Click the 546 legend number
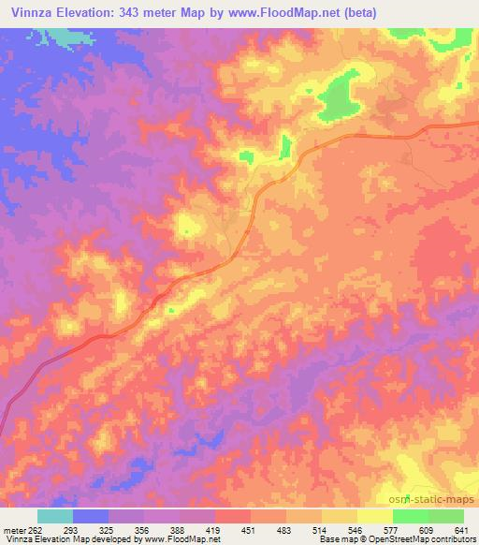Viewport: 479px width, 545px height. pos(357,529)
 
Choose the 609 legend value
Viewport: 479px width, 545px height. pos(428,529)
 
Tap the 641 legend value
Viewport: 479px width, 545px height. pos(461,529)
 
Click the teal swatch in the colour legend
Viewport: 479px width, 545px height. pos(55,516)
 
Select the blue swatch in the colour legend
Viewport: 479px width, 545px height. pos(91,516)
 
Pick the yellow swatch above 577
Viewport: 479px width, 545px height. pos(375,516)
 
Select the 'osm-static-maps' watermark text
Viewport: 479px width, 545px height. pos(431,502)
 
